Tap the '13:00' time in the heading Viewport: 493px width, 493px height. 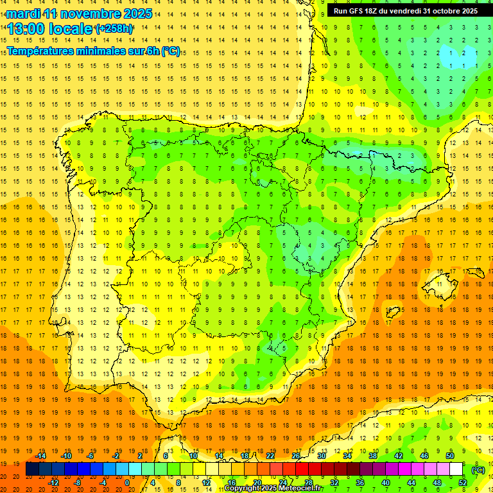[x=25, y=29]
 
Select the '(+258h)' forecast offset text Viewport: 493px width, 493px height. [x=114, y=29]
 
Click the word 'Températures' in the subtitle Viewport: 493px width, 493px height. [x=40, y=51]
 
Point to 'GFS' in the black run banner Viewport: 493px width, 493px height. [x=361, y=10]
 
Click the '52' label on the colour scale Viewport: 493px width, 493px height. [x=462, y=482]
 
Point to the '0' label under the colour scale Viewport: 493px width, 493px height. [x=127, y=482]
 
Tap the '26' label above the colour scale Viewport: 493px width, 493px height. [x=296, y=456]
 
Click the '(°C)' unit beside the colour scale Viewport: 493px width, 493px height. [x=478, y=470]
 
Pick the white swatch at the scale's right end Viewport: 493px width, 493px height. [x=456, y=469]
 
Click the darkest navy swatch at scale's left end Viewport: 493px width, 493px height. [x=32, y=469]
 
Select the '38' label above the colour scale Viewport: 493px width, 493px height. [x=373, y=456]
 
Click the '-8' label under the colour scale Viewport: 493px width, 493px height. [x=77, y=482]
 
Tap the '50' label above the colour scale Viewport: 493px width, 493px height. [x=450, y=456]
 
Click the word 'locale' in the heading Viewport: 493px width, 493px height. [x=69, y=29]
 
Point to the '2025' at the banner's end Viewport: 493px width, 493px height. [x=468, y=10]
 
